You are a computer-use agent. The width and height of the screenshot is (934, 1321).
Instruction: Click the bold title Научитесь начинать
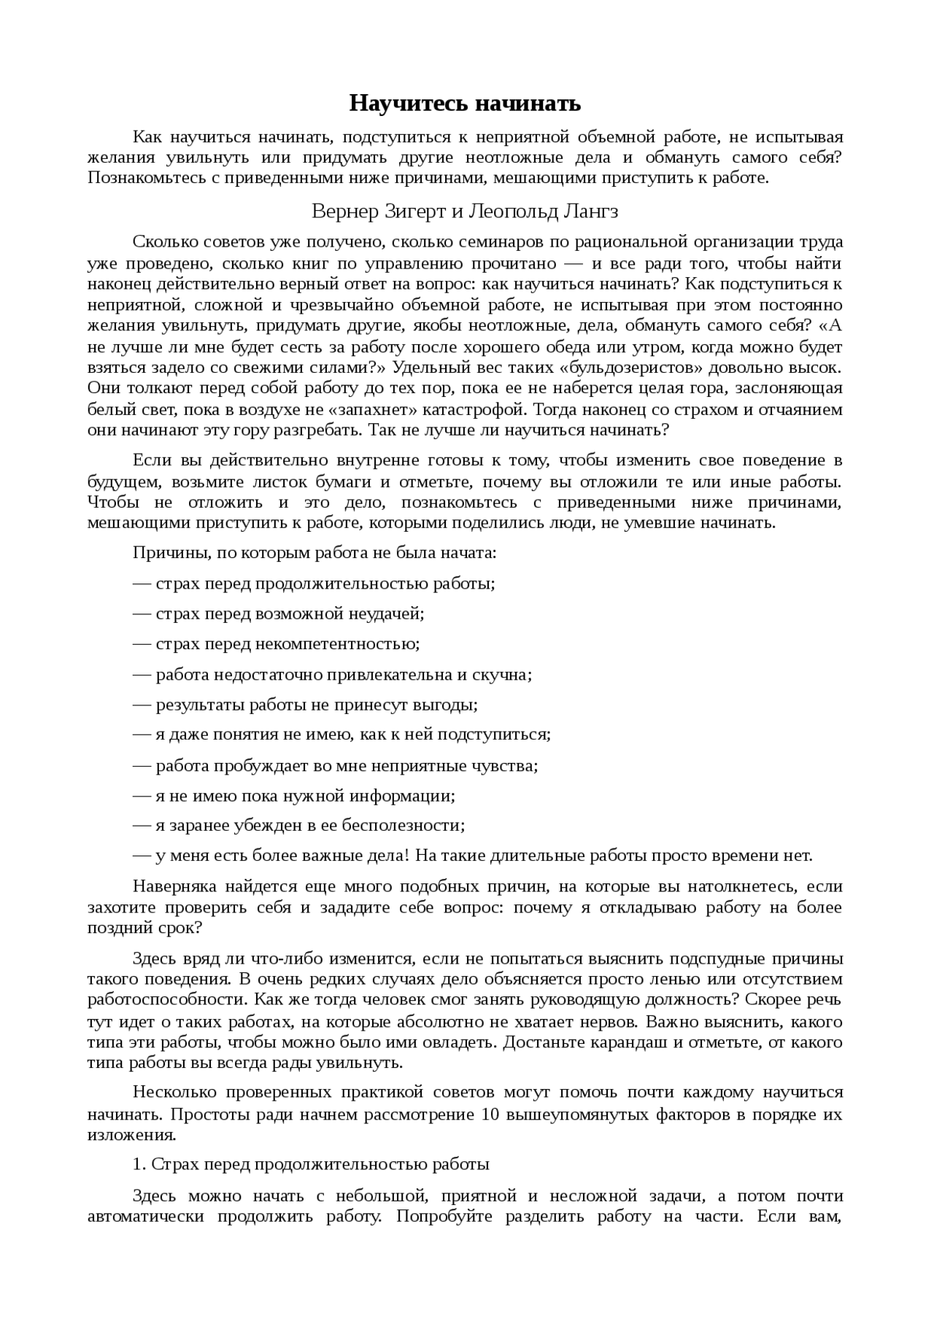pos(465,104)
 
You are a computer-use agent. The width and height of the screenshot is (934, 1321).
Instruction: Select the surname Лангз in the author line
pos(590,212)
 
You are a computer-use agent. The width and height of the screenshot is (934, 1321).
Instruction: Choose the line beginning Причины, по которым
pos(314,552)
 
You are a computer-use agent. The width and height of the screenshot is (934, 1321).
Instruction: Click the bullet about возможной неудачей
pos(279,613)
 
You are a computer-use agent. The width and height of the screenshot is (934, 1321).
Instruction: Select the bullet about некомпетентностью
pos(277,644)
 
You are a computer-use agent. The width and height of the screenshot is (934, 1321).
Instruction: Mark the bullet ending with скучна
pos(333,675)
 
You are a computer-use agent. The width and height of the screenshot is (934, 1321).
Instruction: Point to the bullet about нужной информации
pos(294,796)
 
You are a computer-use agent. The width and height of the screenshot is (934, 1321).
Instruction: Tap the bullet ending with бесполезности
pos(299,826)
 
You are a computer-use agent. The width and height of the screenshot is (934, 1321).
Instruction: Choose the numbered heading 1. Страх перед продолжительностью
pos(311,1165)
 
